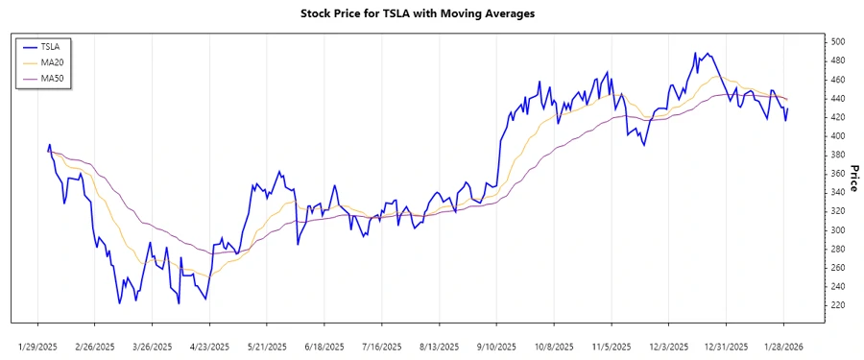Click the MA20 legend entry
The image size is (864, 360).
pos(54,62)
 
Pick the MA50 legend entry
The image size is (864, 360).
pos(54,79)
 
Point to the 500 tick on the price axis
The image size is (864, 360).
pos(838,42)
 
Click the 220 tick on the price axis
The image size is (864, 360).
pos(838,305)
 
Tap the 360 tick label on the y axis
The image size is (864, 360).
pos(838,174)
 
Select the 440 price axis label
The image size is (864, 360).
pos(838,99)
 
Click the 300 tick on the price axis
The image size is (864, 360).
pos(838,230)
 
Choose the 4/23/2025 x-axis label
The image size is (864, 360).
pos(209,347)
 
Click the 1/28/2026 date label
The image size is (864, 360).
pos(783,347)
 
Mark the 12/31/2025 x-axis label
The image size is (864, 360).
pos(726,347)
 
